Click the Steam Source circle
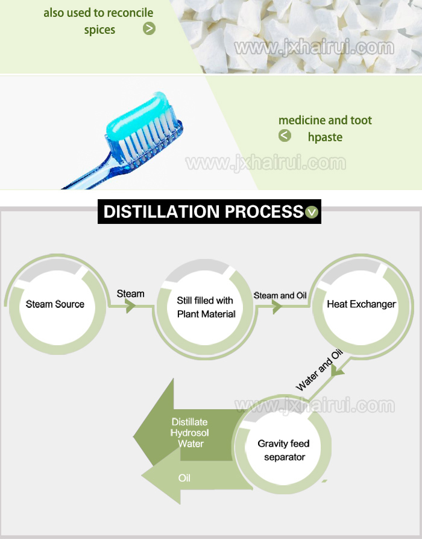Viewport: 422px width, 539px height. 55,304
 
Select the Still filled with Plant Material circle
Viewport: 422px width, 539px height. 205,307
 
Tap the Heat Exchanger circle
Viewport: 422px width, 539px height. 361,304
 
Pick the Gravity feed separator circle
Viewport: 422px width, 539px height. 285,450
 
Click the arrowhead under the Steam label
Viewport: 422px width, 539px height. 131,307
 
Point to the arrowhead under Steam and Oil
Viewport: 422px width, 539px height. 277,307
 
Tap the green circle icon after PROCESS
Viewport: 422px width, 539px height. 312,212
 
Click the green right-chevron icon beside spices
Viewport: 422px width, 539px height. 149,28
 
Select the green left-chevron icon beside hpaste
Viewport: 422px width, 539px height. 285,136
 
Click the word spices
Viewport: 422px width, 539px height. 99,29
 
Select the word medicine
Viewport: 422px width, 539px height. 301,120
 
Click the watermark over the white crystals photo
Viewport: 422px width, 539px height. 313,47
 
